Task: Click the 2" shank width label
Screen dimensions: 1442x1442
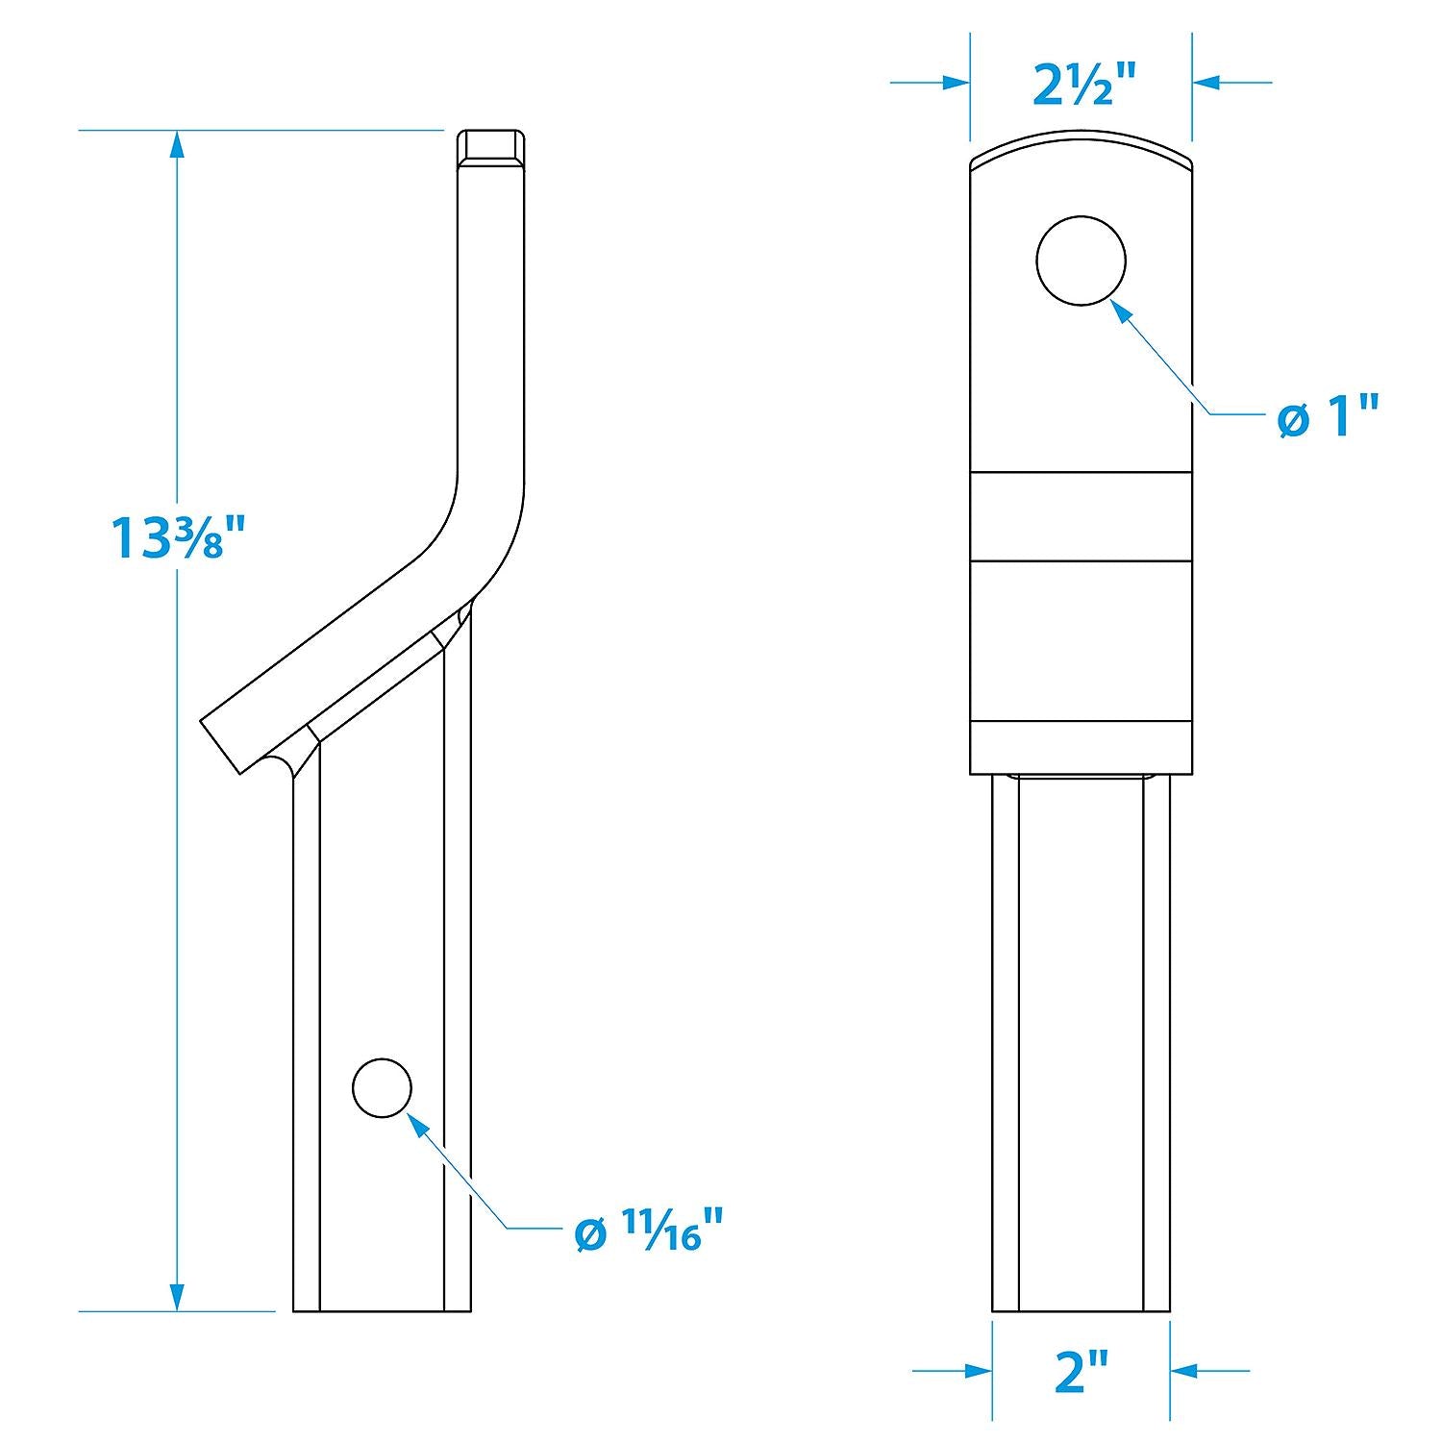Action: pos(1082,1371)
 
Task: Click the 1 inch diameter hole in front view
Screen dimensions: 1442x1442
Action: pos(1081,261)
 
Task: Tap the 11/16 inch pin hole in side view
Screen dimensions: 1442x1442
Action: pos(383,1087)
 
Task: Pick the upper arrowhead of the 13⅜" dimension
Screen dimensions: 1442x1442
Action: pos(175,145)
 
